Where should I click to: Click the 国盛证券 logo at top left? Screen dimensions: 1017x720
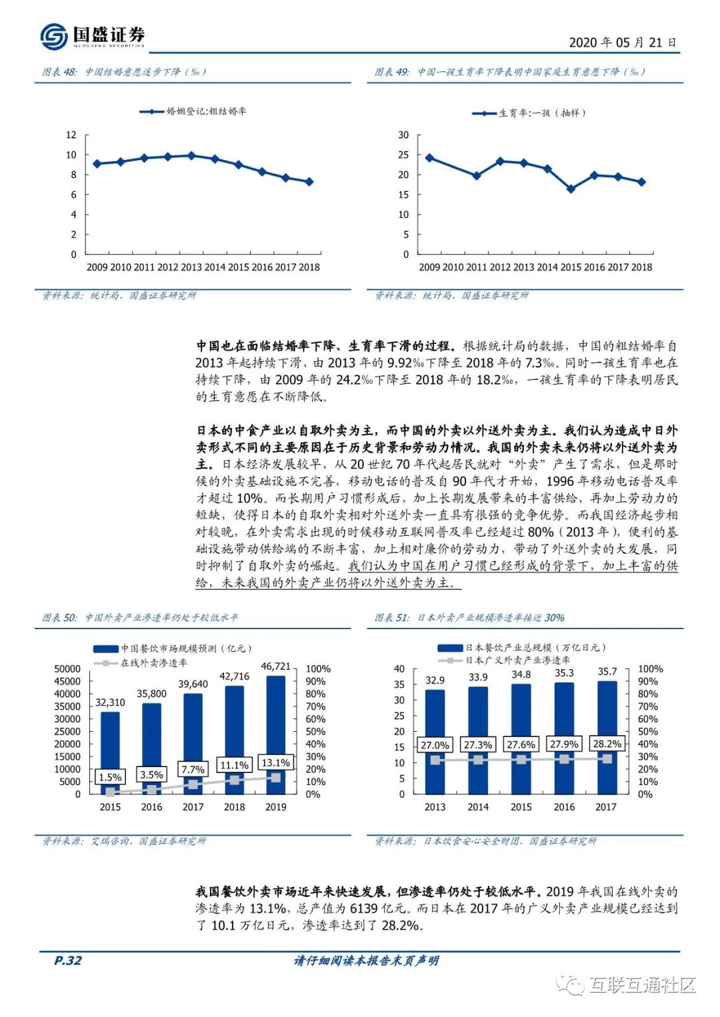point(93,35)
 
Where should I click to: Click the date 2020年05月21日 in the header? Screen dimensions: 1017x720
point(622,43)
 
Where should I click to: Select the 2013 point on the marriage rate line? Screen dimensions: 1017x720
point(191,156)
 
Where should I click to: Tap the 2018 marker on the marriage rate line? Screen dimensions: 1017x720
point(309,182)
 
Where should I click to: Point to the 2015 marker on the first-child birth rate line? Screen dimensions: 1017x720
point(571,189)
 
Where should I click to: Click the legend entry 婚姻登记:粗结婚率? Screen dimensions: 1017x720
point(193,111)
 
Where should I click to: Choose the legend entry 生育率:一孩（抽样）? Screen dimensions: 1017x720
point(529,113)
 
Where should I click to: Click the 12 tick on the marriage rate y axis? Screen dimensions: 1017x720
point(71,135)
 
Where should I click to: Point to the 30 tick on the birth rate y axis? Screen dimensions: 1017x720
point(403,135)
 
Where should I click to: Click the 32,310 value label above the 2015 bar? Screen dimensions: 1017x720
point(110,702)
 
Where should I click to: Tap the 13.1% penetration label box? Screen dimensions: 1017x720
point(275,762)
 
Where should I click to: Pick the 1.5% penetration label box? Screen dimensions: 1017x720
point(110,777)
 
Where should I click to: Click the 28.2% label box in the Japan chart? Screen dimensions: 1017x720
point(607,744)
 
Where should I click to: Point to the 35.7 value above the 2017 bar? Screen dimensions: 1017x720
point(607,672)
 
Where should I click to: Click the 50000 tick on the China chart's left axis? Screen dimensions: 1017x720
point(67,669)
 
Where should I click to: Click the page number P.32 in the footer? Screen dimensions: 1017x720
point(67,960)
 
